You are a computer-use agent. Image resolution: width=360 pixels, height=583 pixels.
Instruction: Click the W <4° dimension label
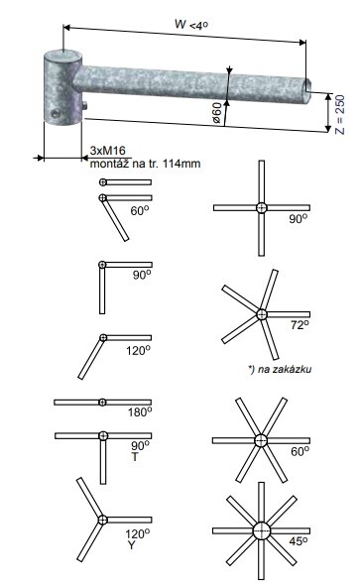click(x=191, y=25)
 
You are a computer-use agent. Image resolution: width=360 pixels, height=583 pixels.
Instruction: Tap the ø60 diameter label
click(x=216, y=113)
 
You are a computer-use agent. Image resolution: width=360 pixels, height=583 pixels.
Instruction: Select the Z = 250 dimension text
click(x=340, y=115)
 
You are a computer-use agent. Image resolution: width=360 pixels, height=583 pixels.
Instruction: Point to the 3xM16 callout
click(x=107, y=151)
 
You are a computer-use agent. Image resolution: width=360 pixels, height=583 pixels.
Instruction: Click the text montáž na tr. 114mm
click(x=145, y=164)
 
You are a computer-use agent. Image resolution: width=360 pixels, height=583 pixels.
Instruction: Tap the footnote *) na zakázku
click(x=280, y=369)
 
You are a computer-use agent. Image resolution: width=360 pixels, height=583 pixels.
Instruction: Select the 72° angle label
click(x=300, y=325)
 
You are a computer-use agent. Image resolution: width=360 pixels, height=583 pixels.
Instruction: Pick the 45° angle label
click(x=299, y=541)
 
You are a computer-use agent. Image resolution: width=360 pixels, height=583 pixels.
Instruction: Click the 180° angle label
click(x=140, y=412)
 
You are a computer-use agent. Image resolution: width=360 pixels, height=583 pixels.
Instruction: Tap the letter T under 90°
click(x=135, y=456)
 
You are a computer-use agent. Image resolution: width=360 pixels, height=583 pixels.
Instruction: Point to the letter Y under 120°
click(x=131, y=545)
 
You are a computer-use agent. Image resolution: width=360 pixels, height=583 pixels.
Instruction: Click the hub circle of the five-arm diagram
click(x=262, y=314)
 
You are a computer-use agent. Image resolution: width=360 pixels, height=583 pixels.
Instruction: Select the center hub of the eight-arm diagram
click(x=262, y=530)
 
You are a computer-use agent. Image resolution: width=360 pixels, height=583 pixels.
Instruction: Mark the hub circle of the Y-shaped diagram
click(x=102, y=520)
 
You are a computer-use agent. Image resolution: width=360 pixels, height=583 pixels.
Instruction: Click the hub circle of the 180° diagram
click(x=102, y=402)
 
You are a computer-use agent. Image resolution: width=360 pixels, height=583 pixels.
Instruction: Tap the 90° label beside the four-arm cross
click(x=299, y=218)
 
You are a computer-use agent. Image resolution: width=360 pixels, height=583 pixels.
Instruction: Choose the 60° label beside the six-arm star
click(x=300, y=452)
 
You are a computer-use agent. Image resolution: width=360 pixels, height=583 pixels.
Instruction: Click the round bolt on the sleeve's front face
click(x=56, y=113)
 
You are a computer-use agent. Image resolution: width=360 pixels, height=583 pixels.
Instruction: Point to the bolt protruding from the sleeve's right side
click(x=84, y=106)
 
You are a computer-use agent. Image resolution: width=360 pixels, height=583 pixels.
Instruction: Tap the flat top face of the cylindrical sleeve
click(x=63, y=55)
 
